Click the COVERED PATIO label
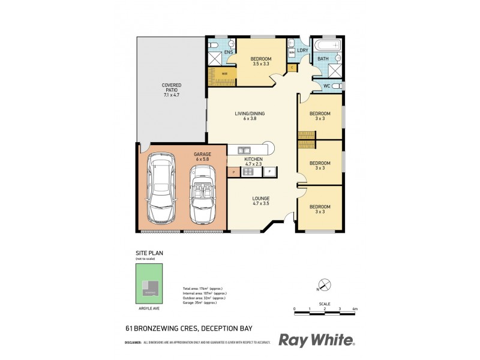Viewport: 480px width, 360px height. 171,90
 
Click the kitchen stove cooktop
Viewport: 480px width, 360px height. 248,172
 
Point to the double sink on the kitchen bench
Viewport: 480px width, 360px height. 245,149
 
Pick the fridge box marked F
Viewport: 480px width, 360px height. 270,172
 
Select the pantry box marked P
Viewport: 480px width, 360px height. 232,172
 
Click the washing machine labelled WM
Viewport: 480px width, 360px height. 292,53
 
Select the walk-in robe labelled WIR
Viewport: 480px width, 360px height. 221,74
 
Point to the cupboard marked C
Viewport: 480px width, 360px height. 292,67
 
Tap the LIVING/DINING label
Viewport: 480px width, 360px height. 250,116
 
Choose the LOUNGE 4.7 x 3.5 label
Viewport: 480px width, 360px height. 260,201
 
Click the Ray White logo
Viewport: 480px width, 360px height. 317,340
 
